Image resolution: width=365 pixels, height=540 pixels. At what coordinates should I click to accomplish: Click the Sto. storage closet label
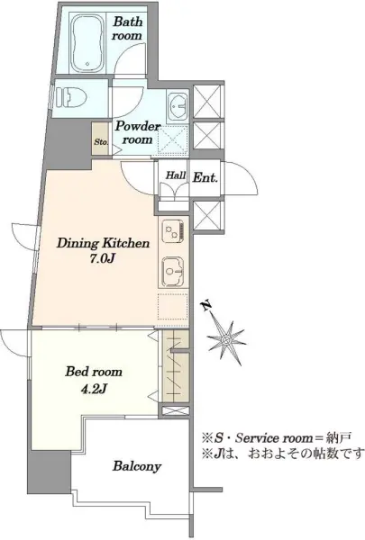click(102, 142)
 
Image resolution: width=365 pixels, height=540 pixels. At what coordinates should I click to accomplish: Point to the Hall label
click(176, 175)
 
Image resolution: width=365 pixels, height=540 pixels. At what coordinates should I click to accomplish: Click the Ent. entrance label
click(205, 177)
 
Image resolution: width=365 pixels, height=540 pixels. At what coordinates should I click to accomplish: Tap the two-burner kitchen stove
click(172, 231)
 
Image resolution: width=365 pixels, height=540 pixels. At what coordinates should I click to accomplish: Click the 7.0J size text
click(102, 258)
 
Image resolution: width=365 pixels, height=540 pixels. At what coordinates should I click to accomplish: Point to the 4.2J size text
click(93, 389)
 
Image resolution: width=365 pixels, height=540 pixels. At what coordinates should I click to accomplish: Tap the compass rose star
click(226, 340)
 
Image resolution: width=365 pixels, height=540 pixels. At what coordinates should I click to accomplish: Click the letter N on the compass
click(206, 305)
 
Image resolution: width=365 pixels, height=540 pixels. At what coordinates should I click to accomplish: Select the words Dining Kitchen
click(103, 243)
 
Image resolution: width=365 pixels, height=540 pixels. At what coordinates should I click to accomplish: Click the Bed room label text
click(94, 372)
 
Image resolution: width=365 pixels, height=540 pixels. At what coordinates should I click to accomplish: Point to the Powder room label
click(134, 132)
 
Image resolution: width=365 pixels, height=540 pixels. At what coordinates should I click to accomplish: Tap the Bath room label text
click(127, 28)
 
